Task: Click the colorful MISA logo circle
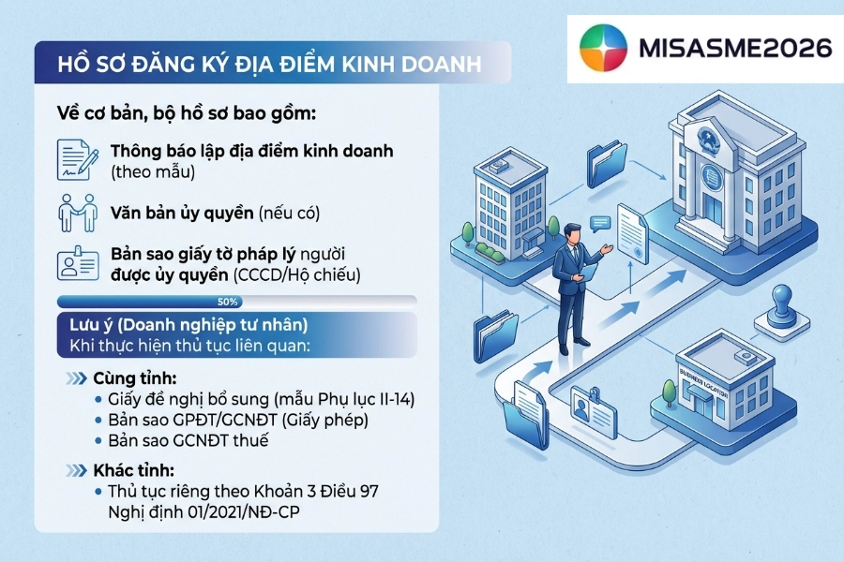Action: (x=603, y=48)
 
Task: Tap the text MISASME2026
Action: (x=735, y=48)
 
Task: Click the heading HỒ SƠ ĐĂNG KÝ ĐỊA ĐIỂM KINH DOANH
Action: (x=270, y=64)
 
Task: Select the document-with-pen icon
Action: (x=78, y=160)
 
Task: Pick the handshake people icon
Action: (x=78, y=213)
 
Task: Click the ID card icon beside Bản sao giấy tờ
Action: (x=78, y=263)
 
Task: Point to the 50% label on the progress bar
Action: (x=228, y=302)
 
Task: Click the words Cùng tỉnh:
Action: (x=134, y=378)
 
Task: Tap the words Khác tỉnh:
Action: (x=133, y=470)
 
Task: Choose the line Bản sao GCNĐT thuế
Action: (x=188, y=440)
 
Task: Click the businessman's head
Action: (x=572, y=234)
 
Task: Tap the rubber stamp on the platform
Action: (x=781, y=308)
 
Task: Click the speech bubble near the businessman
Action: (x=599, y=223)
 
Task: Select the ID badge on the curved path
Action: (x=594, y=410)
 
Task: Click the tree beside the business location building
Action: (x=669, y=392)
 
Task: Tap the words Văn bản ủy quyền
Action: (x=182, y=213)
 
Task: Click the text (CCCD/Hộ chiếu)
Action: (x=296, y=274)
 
